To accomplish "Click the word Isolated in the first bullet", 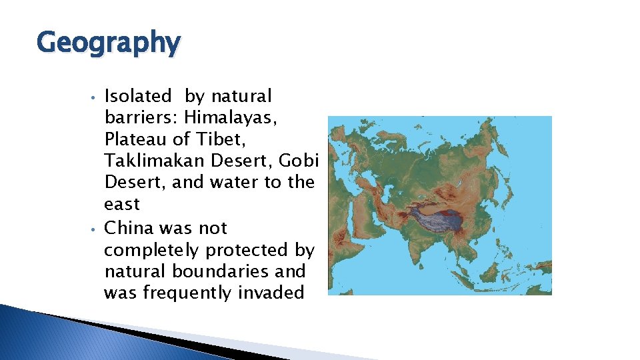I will (x=138, y=97).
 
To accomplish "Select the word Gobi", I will (x=299, y=161).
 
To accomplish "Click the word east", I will (x=122, y=205).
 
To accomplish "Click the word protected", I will (x=256, y=250).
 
